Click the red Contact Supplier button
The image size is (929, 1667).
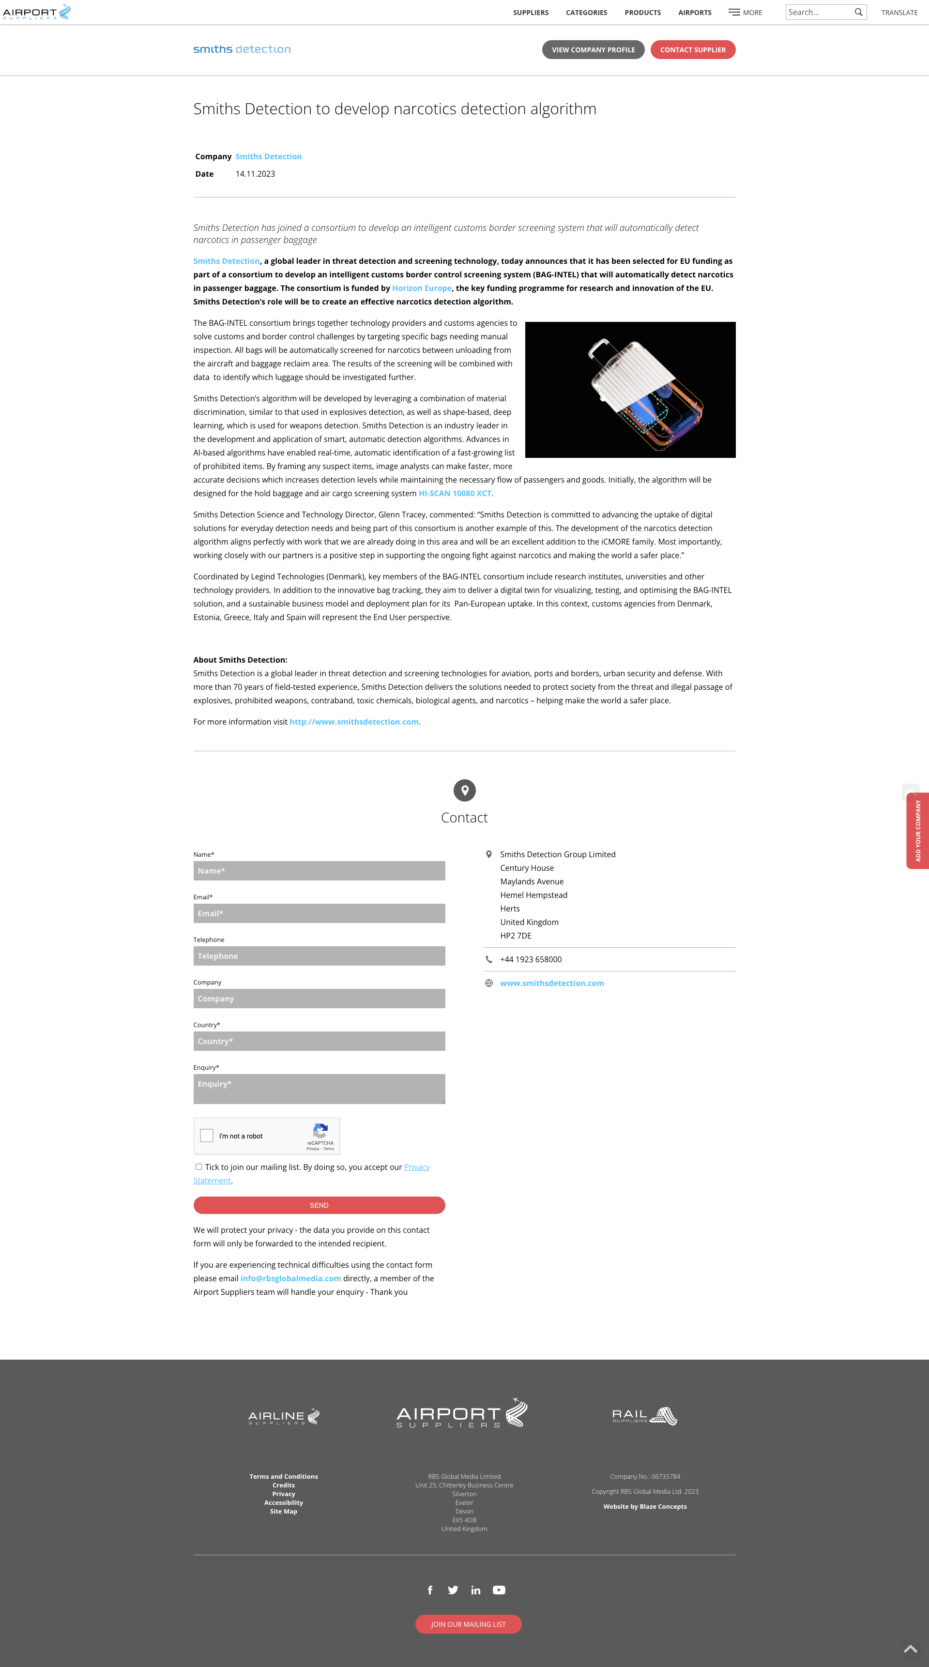pos(693,50)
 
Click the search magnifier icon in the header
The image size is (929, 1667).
pos(858,12)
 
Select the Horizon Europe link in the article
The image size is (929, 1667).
pos(422,288)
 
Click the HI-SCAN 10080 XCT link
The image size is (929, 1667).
pos(455,493)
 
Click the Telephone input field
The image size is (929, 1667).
pos(319,956)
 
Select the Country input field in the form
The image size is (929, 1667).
pos(319,1041)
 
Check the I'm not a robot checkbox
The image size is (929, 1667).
pos(207,1136)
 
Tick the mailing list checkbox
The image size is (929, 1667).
pos(199,1167)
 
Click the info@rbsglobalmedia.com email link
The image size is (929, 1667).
pos(290,1278)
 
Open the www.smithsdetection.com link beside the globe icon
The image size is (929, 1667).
pos(551,983)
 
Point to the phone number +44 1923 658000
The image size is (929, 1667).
pos(531,959)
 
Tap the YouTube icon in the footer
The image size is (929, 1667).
pos(499,1590)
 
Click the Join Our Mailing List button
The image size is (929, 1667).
pos(468,1624)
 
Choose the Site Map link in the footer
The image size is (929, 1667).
pos(284,1512)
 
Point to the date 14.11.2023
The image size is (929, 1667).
pos(255,174)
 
